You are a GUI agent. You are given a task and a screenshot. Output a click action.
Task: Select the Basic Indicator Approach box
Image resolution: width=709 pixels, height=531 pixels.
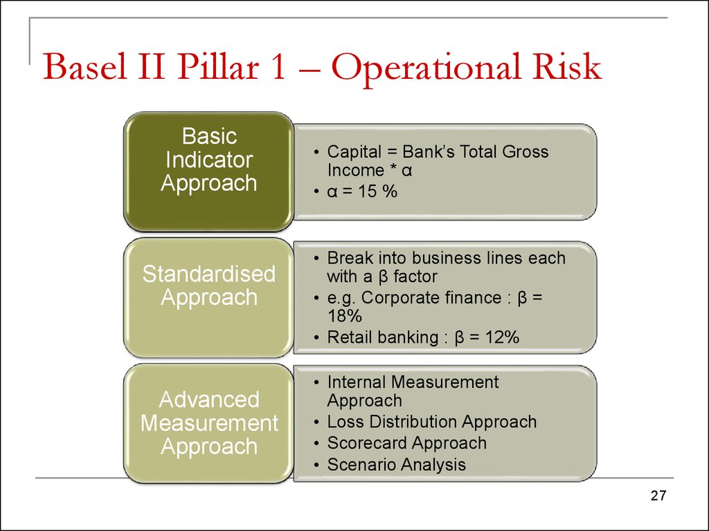[208, 160]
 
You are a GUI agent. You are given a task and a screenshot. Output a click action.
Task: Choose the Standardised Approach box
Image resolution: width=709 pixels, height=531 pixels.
[208, 286]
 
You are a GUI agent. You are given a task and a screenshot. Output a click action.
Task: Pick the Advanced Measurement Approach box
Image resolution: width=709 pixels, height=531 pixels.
[208, 422]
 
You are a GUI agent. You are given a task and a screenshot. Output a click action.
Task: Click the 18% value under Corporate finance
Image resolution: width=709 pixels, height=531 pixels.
[345, 317]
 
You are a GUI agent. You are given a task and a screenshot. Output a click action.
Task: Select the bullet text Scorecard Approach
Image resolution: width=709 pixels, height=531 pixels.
[406, 443]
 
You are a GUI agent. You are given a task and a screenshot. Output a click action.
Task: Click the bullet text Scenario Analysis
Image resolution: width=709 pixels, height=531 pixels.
[396, 465]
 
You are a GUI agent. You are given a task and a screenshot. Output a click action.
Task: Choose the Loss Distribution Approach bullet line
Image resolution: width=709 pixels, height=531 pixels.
[431, 422]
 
